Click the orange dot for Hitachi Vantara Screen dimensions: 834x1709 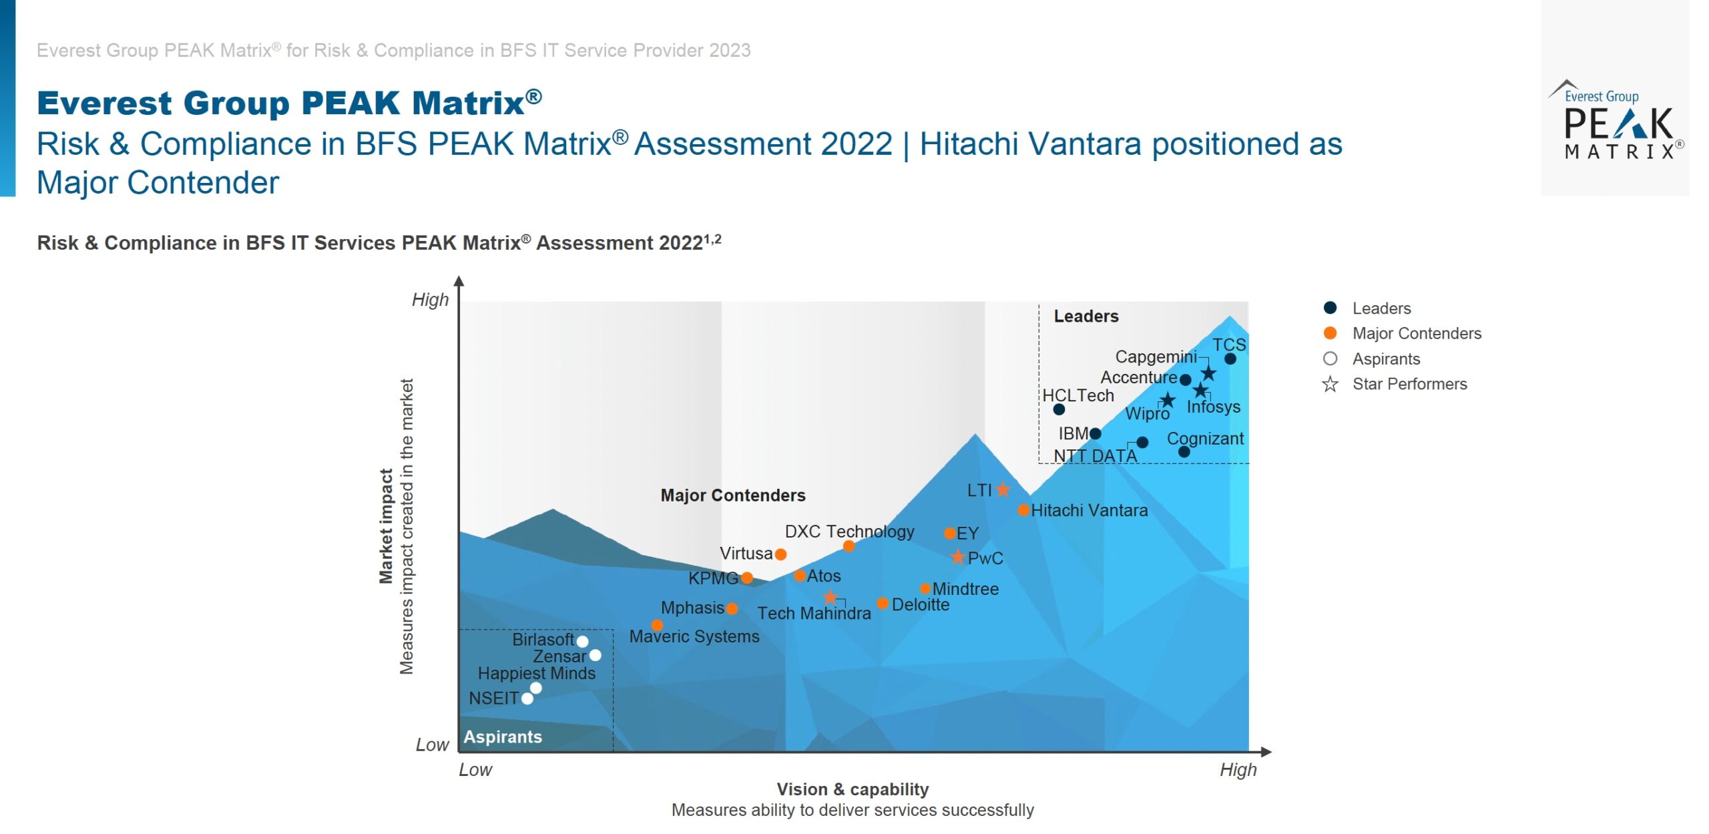pyautogui.click(x=1023, y=510)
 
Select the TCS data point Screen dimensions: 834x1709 pyautogui.click(x=1230, y=359)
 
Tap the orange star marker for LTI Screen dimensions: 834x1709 pyautogui.click(x=1003, y=489)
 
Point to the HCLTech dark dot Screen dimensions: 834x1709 pyautogui.click(x=1059, y=409)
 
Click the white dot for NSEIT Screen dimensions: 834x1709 pyautogui.click(x=527, y=698)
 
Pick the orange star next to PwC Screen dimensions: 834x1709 pyautogui.click(x=958, y=557)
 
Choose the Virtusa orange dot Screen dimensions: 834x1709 pyautogui.click(x=780, y=554)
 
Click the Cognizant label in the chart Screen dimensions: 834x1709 pyautogui.click(x=1205, y=439)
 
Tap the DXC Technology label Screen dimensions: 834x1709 pyautogui.click(x=849, y=532)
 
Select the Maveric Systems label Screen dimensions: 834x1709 pyautogui.click(x=694, y=636)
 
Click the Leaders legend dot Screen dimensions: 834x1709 pyautogui.click(x=1330, y=308)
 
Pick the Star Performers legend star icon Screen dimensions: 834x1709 pyautogui.click(x=1330, y=385)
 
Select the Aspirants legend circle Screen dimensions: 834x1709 pyautogui.click(x=1330, y=359)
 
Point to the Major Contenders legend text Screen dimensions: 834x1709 pyautogui.click(x=1417, y=333)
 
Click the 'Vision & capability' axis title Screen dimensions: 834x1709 pyautogui.click(x=852, y=789)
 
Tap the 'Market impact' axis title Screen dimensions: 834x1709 pyautogui.click(x=386, y=526)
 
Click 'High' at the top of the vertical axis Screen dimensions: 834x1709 pyautogui.click(x=430, y=300)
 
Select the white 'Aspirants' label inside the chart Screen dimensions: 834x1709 pyautogui.click(x=503, y=737)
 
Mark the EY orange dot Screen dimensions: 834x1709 pyautogui.click(x=949, y=534)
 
